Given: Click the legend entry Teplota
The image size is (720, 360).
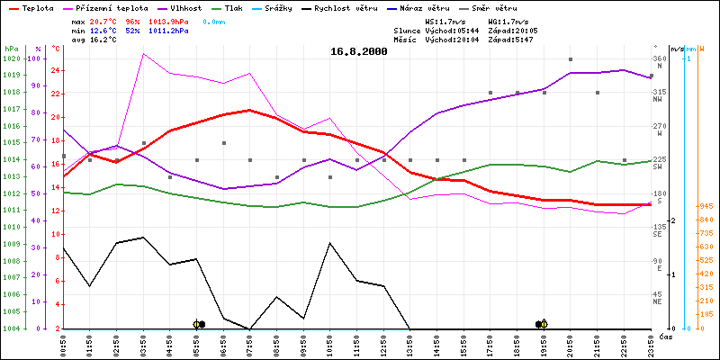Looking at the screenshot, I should tap(37, 7).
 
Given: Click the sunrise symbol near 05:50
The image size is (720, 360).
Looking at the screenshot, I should tap(197, 324).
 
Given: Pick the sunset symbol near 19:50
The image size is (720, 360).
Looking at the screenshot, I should tap(544, 324).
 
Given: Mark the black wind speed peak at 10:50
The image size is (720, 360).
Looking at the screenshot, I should tap(330, 243).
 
